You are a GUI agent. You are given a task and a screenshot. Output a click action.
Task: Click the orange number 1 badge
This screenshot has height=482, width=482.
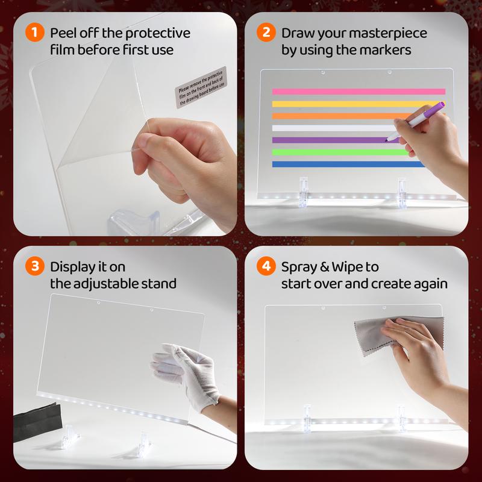tap(35, 33)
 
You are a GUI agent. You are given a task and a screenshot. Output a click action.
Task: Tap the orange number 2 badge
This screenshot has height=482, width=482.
tap(266, 33)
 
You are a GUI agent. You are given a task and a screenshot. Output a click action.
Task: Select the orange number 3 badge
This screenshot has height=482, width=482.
tap(35, 266)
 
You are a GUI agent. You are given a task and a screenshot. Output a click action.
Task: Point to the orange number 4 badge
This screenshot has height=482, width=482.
tap(266, 266)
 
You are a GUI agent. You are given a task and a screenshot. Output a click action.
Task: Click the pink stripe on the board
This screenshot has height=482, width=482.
tap(358, 92)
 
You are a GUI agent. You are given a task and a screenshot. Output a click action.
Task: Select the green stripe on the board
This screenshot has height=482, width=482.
tap(340, 152)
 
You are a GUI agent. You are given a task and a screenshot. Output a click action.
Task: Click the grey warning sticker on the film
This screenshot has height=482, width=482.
tap(201, 87)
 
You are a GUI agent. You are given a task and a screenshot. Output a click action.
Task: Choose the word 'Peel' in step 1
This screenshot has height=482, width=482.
tap(63, 33)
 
